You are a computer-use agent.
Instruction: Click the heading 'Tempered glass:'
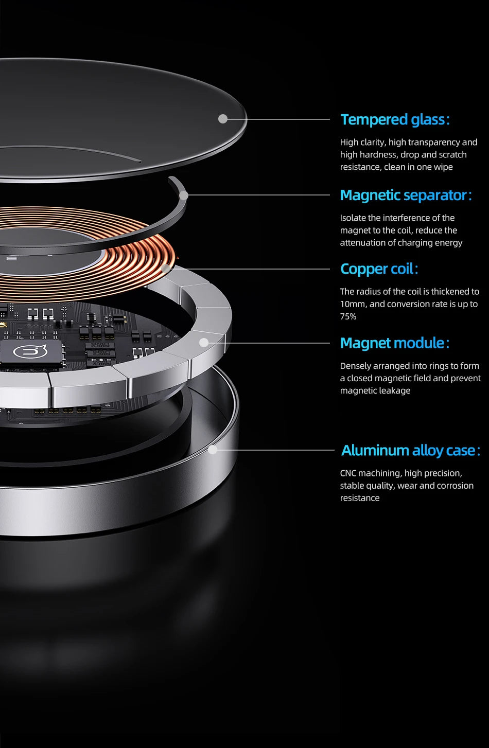(395, 119)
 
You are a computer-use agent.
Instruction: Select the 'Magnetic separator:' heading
(406, 195)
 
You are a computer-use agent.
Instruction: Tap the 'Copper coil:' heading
(379, 269)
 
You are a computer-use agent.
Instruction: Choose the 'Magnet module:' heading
(395, 343)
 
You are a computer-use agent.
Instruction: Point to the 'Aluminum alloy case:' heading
(411, 451)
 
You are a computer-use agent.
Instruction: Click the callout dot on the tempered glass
(223, 119)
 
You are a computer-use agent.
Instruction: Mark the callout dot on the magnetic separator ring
(184, 195)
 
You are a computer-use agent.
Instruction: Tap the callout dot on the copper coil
(166, 269)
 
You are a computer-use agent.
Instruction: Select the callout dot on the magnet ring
(204, 343)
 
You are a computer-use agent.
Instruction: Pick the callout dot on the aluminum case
(213, 450)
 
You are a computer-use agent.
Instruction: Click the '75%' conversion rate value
(348, 316)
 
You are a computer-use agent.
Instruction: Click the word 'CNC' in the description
(348, 473)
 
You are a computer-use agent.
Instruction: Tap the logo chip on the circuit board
(30, 352)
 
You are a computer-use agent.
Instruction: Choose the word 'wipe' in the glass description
(443, 167)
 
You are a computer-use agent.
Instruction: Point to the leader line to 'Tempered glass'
(278, 119)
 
